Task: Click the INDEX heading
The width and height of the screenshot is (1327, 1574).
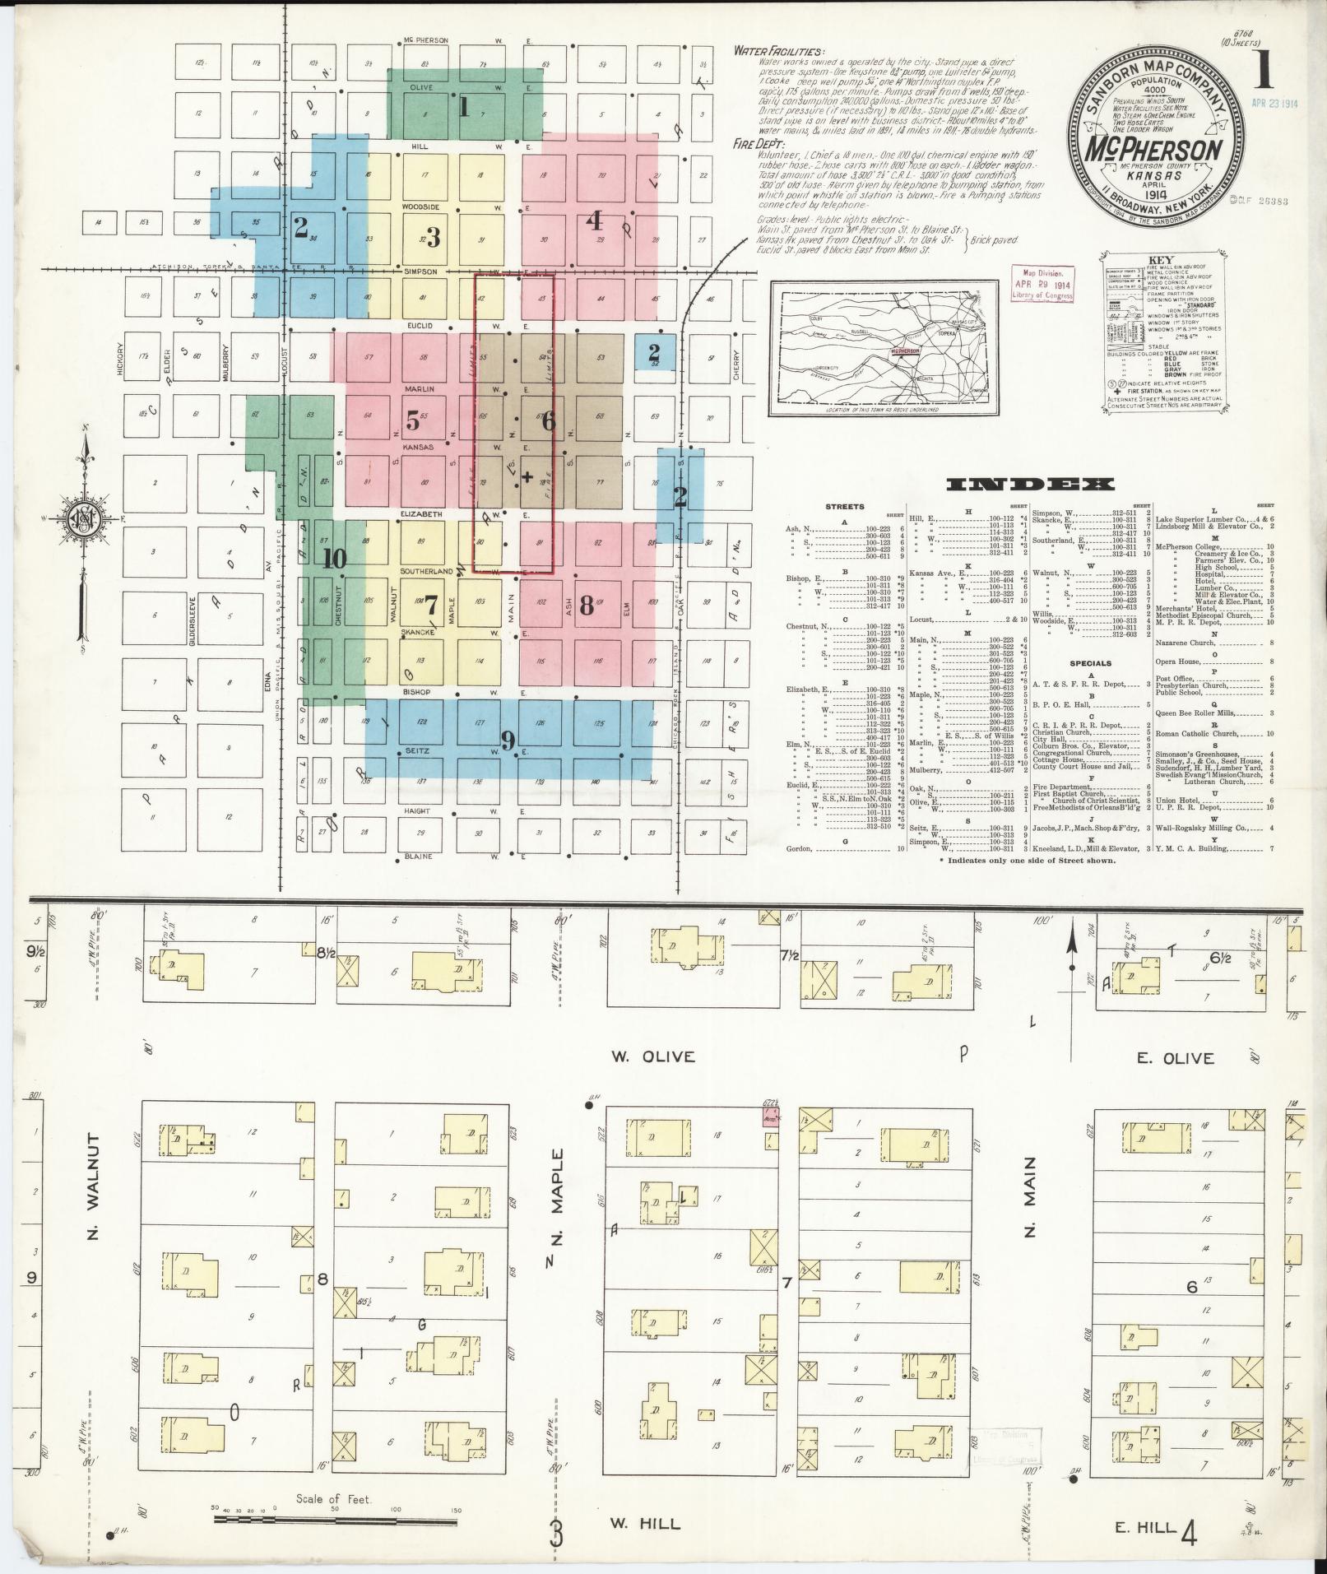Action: click(1030, 485)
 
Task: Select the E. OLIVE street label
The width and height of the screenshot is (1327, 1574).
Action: click(1175, 1059)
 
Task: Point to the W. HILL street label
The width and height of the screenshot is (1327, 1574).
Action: click(645, 1524)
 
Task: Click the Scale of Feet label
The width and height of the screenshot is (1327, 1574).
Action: click(336, 1499)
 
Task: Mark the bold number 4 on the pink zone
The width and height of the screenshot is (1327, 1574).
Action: click(594, 221)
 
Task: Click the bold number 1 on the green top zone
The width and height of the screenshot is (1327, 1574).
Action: click(464, 107)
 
